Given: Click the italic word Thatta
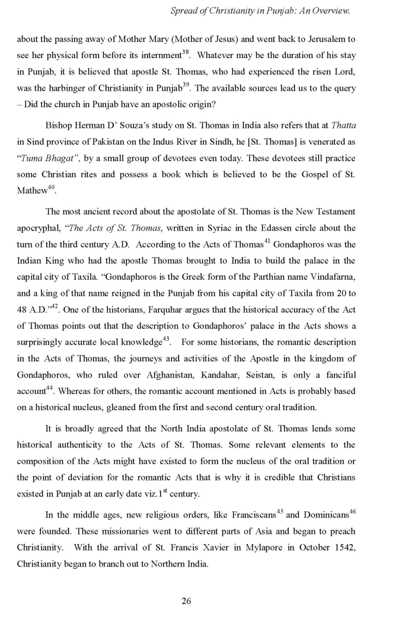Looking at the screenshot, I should click(343, 126).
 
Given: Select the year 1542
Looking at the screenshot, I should click(343, 548).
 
